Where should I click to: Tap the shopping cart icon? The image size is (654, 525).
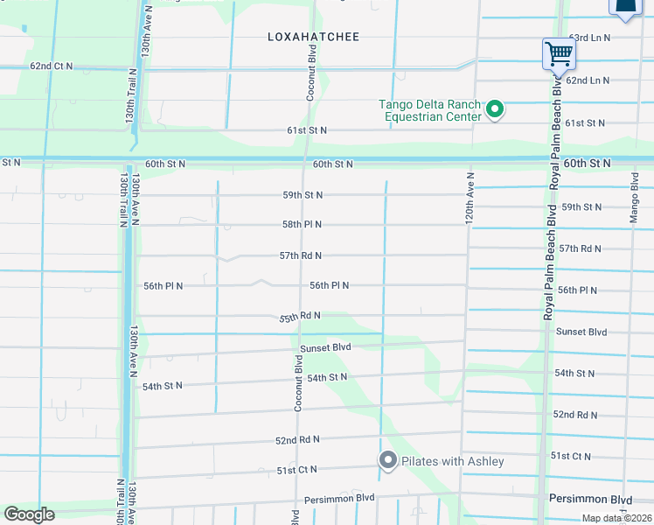[x=559, y=53]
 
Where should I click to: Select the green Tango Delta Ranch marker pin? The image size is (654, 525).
[x=495, y=110]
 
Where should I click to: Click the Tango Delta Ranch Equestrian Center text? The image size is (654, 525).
[x=430, y=110]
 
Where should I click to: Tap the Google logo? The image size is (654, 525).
[x=29, y=514]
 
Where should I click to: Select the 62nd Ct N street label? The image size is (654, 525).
[x=51, y=66]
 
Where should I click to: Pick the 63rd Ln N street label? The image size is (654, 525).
[x=589, y=38]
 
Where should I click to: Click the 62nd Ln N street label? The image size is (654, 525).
[x=587, y=80]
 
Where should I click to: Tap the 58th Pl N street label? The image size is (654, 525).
[x=302, y=225]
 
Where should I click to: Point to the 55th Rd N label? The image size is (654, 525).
[x=300, y=316]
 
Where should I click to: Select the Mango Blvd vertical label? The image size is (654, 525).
[x=635, y=199]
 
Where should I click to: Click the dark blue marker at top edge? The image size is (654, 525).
[x=626, y=8]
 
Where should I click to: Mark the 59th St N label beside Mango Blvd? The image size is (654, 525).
[x=581, y=207]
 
